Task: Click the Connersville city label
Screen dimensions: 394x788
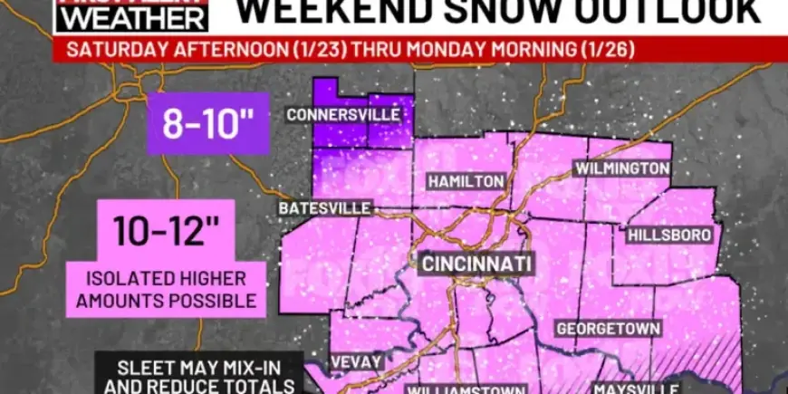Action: pyautogui.click(x=342, y=115)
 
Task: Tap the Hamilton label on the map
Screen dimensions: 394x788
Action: pyautogui.click(x=466, y=181)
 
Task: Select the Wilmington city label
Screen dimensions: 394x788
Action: pyautogui.click(x=622, y=168)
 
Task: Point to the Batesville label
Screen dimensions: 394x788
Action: pyautogui.click(x=324, y=208)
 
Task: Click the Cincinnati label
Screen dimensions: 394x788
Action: pyautogui.click(x=476, y=264)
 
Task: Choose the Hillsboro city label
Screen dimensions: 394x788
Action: pyautogui.click(x=668, y=235)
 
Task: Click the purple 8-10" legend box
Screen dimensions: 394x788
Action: pyautogui.click(x=207, y=123)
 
